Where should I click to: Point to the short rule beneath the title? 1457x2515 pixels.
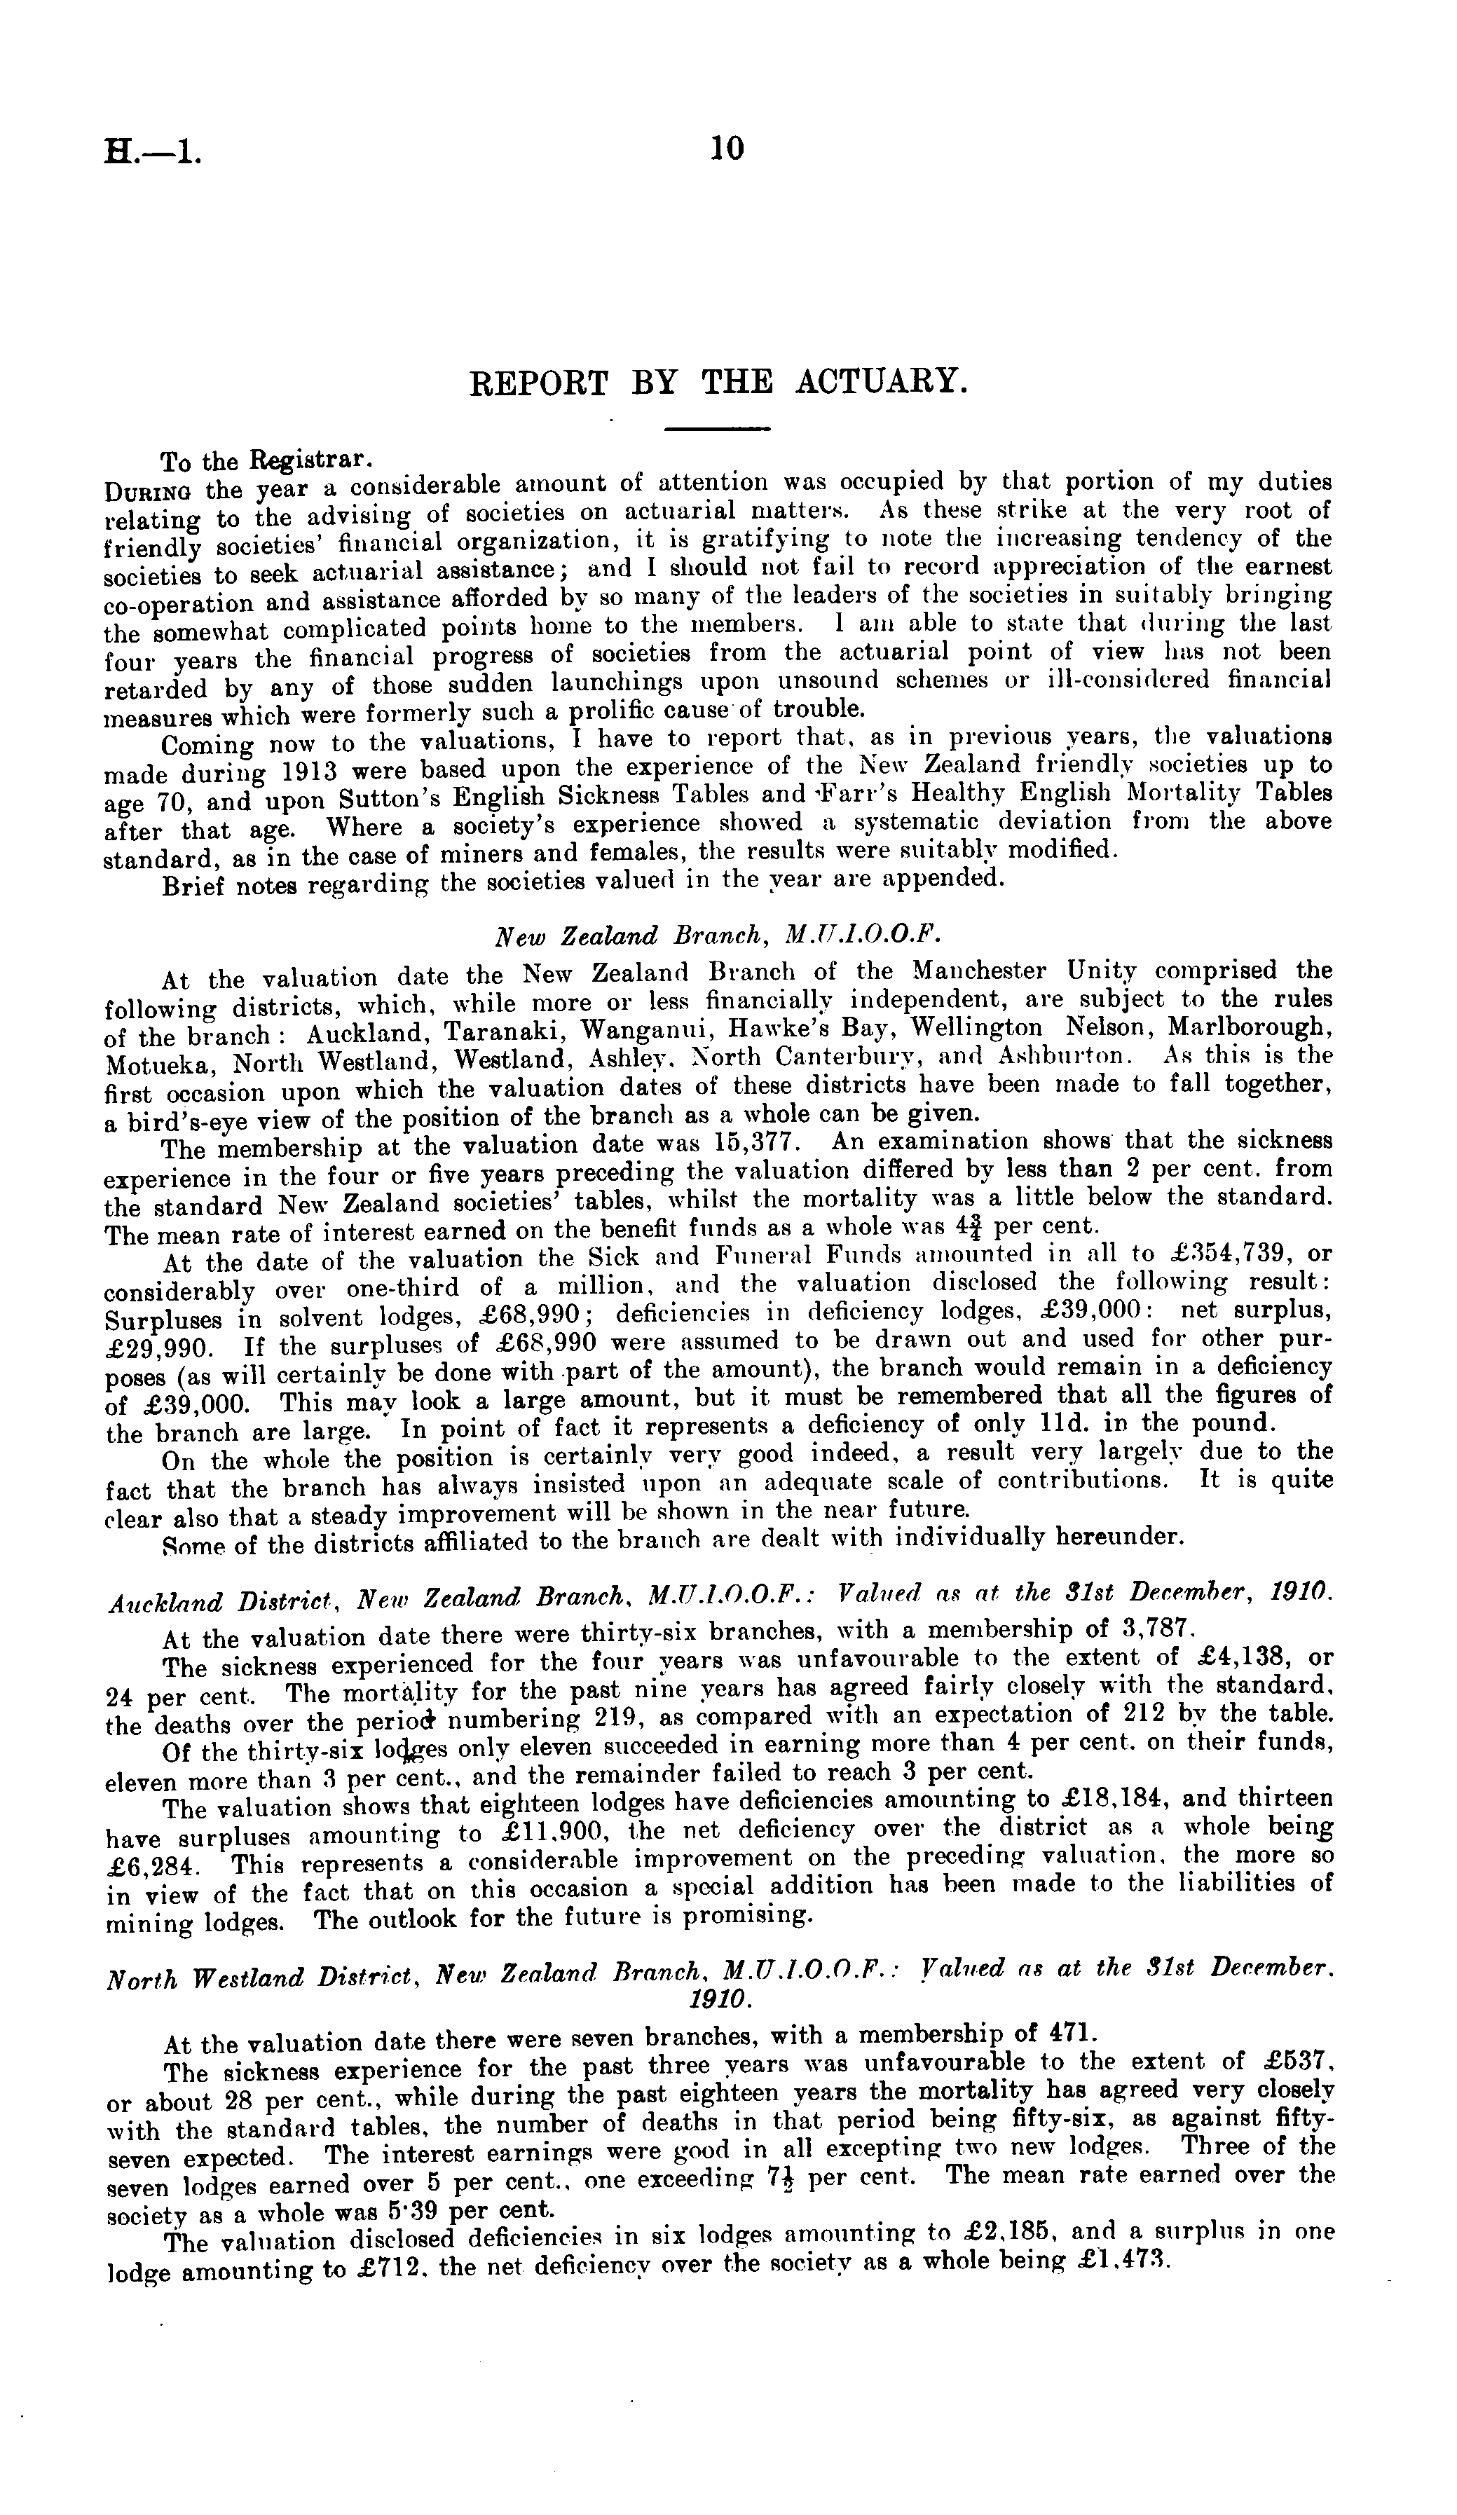click(x=718, y=429)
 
